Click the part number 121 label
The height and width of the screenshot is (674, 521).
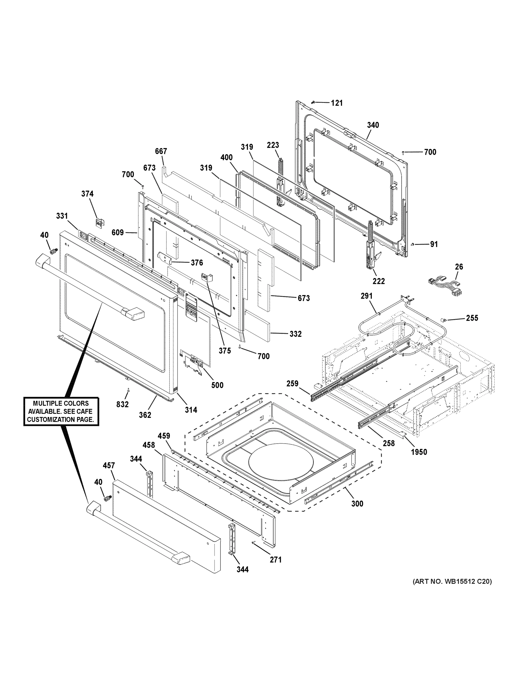click(337, 103)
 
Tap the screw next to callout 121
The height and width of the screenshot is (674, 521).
click(313, 102)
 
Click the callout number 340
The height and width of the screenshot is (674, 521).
click(373, 125)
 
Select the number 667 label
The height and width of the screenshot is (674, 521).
click(161, 151)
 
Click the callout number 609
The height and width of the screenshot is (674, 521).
click(118, 232)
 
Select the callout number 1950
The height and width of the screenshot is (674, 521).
click(419, 452)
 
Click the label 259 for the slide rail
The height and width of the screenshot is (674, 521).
click(292, 384)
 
